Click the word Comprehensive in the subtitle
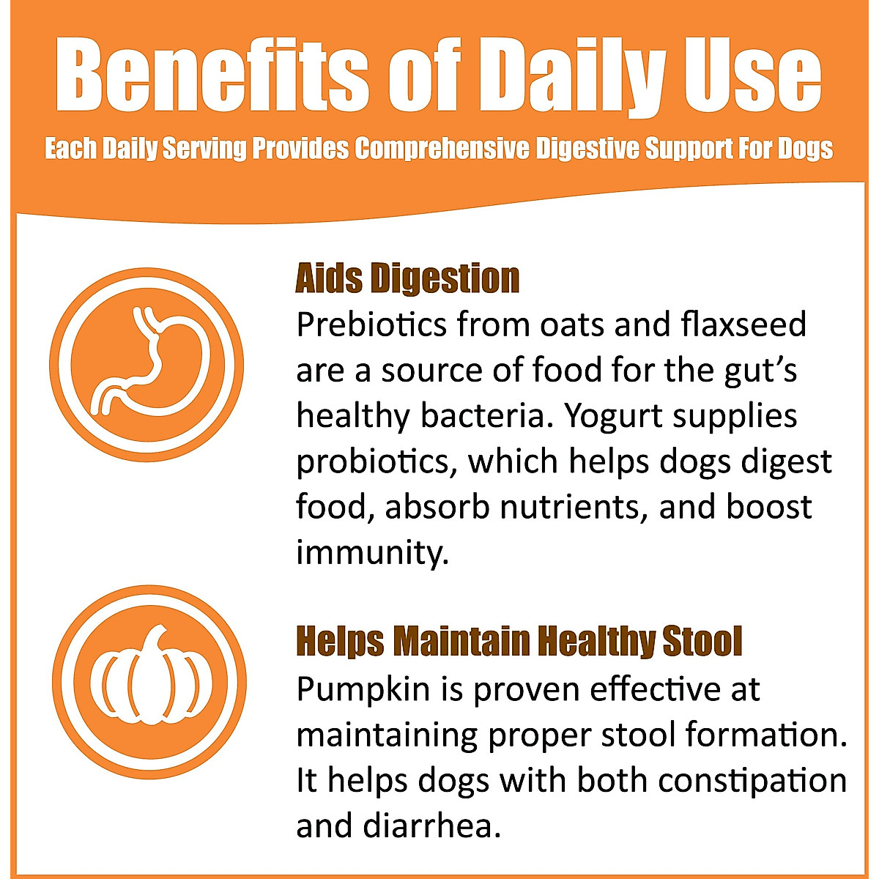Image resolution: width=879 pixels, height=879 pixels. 442,149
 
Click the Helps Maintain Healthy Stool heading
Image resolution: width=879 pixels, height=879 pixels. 519,642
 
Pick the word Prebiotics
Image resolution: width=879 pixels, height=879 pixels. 371,324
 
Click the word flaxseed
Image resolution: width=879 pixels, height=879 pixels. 743,324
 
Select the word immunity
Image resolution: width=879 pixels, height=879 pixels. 373,553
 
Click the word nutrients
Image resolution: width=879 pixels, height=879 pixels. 574,508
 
